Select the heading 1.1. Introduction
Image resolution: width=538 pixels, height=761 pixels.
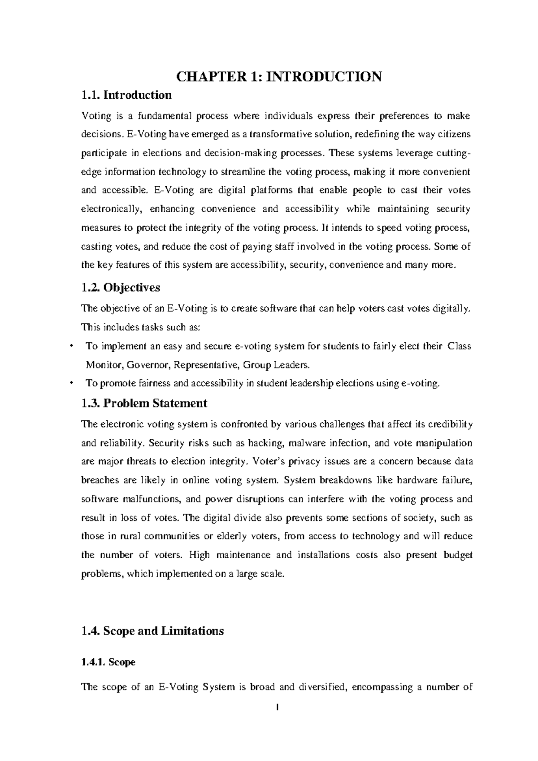pos(126,95)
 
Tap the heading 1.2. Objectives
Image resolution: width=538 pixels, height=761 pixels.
pos(121,287)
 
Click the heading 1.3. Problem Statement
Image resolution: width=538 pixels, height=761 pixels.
pos(144,403)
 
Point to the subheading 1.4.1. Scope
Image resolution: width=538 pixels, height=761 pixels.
pos(108,662)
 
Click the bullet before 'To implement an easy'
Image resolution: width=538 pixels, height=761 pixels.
pos(72,346)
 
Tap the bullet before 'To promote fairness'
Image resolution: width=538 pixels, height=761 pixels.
pos(72,383)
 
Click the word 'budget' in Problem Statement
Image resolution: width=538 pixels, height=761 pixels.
pos(458,555)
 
